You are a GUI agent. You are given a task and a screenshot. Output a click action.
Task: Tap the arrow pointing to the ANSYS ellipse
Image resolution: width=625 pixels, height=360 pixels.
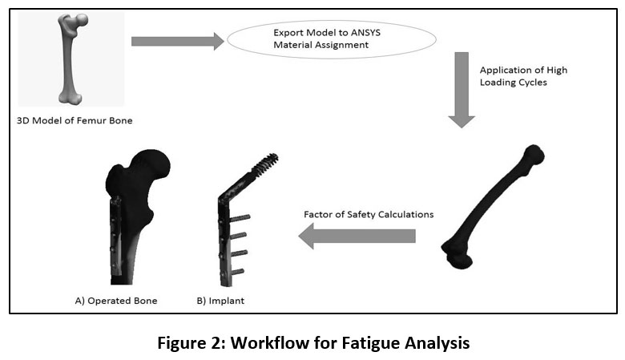pos(176,41)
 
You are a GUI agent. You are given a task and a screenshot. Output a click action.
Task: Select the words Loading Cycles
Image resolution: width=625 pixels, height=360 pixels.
pos(513,83)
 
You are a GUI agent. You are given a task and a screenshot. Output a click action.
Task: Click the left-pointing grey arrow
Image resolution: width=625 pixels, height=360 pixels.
pos(356,234)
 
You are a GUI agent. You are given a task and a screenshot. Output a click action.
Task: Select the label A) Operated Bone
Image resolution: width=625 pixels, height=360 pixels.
pos(116,301)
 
